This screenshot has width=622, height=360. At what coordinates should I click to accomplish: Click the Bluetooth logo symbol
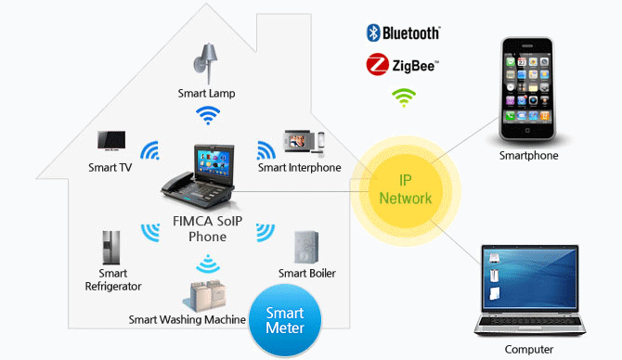click(x=373, y=33)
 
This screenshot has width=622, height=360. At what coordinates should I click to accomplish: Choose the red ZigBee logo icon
click(x=377, y=65)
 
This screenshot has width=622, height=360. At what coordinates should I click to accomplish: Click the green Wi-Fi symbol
click(x=404, y=96)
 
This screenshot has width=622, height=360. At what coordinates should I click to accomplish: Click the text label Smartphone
click(x=528, y=156)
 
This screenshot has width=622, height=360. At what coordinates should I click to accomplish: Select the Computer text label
click(x=529, y=349)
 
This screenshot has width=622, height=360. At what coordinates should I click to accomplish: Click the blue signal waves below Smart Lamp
click(x=208, y=115)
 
